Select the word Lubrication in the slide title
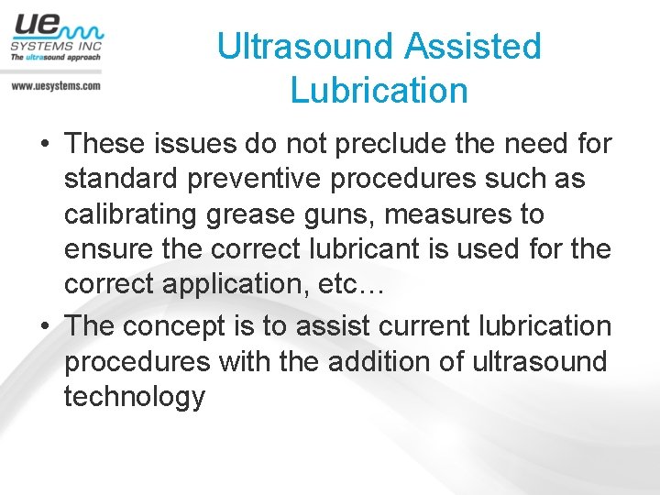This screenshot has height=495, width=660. click(x=379, y=91)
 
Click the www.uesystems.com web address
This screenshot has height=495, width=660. click(x=55, y=85)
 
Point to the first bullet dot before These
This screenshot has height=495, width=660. click(x=44, y=145)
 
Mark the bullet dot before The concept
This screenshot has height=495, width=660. click(x=44, y=326)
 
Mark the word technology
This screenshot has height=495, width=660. click(x=135, y=398)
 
